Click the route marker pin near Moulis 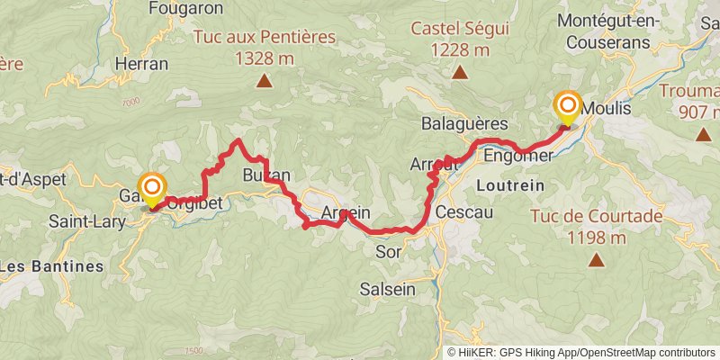point(569,107)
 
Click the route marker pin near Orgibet point(152,188)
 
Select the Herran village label point(142,64)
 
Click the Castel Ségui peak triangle point(460,74)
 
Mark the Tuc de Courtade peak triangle point(597,260)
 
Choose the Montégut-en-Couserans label point(616,31)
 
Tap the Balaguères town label point(465,123)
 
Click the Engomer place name point(517,157)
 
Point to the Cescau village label point(463,212)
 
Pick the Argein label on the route point(346,213)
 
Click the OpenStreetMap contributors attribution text point(646,352)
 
